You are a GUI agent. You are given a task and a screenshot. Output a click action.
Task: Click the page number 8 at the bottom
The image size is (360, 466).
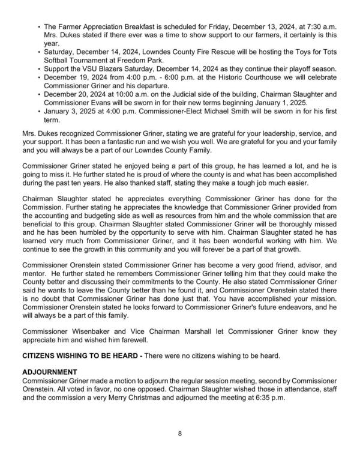(x=179, y=432)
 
